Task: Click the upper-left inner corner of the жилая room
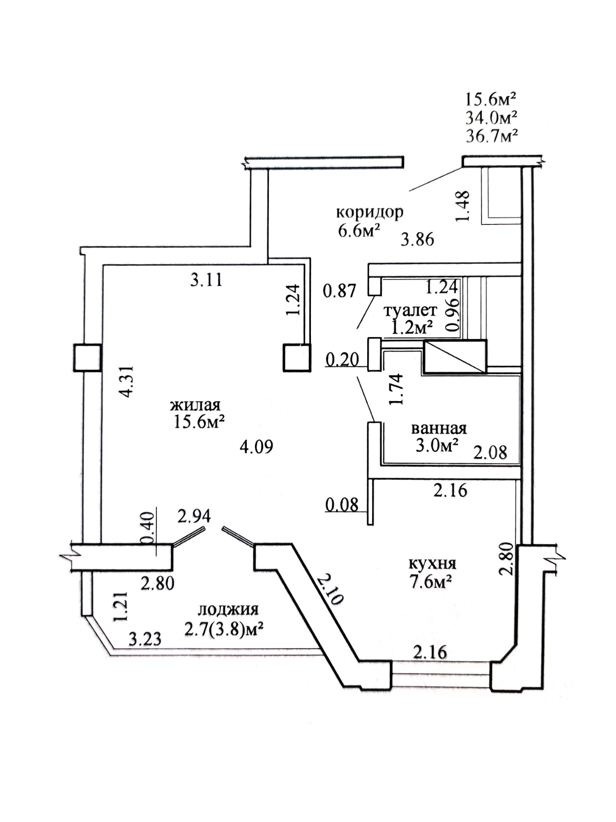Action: [103, 266]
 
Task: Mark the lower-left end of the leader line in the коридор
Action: [410, 191]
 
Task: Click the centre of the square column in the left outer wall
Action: [87, 358]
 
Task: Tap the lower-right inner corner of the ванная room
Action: [520, 465]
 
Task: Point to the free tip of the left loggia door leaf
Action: [204, 528]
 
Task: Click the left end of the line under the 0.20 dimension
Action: [326, 366]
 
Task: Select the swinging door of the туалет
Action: [366, 313]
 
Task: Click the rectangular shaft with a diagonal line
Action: [455, 357]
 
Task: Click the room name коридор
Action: [370, 212]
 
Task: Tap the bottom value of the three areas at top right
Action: [491, 136]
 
